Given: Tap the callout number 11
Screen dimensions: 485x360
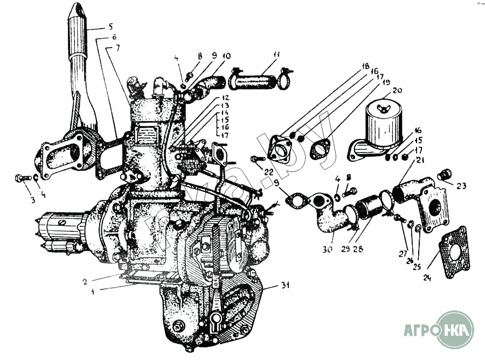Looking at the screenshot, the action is pyautogui.click(x=276, y=54).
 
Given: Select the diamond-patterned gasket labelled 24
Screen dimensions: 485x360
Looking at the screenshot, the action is pyautogui.click(x=456, y=252).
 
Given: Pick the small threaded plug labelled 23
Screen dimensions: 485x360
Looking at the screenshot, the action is pyautogui.click(x=445, y=174).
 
